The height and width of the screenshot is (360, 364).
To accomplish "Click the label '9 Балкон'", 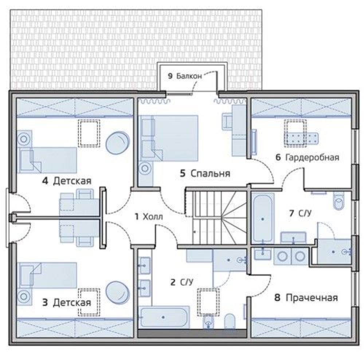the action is point(185,76).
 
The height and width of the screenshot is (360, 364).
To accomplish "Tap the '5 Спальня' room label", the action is point(205,173).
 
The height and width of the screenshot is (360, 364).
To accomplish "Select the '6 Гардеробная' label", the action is point(307,157).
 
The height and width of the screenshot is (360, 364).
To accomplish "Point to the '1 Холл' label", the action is point(149,217).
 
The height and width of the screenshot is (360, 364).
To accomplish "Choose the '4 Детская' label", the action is point(67,181).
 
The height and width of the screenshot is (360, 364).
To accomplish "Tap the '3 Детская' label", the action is point(67,302).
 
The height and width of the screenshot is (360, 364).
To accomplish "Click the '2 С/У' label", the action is point(182,282).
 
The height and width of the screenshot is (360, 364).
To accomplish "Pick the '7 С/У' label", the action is point(300,213).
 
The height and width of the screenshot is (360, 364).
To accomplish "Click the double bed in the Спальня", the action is point(169,138).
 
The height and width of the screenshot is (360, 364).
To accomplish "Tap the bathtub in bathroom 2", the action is point(165,317).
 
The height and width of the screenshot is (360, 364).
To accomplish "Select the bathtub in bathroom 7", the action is point(263,218).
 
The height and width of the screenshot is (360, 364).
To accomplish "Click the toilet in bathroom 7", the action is point(339,201).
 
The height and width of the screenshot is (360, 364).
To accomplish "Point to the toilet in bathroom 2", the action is point(230,321).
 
